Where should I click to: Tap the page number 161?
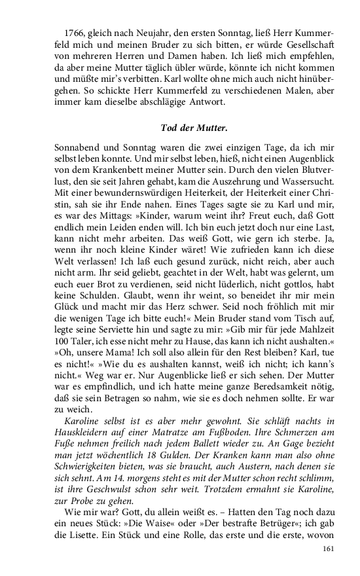(x=328, y=549)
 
